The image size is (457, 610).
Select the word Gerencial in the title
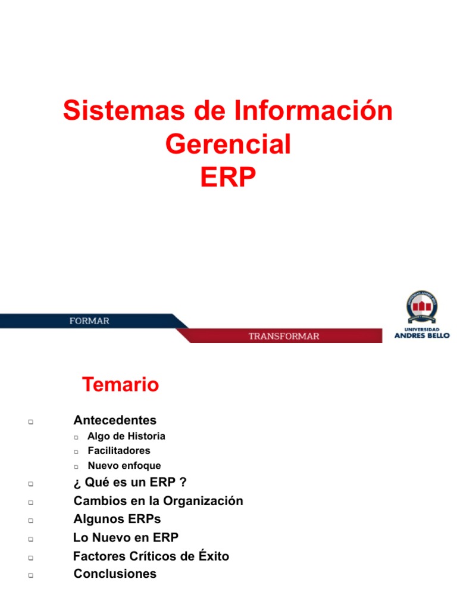(228, 145)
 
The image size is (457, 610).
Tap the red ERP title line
(228, 177)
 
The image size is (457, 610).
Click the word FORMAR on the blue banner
(89, 321)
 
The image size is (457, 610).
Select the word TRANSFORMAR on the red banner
(283, 336)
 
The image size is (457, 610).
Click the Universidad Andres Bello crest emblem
(422, 307)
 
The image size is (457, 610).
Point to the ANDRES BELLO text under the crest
(422, 335)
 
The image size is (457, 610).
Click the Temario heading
(121, 385)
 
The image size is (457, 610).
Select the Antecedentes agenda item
(115, 421)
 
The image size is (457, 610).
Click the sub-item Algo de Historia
(126, 436)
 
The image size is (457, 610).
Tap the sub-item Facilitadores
(119, 450)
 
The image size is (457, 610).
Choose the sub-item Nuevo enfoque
(124, 466)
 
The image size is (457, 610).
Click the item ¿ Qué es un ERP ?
(131, 483)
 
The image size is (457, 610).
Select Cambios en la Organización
(158, 501)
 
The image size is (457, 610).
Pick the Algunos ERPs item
(117, 519)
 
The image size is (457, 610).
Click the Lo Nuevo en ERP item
(126, 537)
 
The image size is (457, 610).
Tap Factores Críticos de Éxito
(151, 556)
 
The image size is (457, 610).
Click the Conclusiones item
(115, 574)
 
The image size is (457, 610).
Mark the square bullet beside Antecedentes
(29, 422)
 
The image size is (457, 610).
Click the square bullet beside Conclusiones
(29, 576)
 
